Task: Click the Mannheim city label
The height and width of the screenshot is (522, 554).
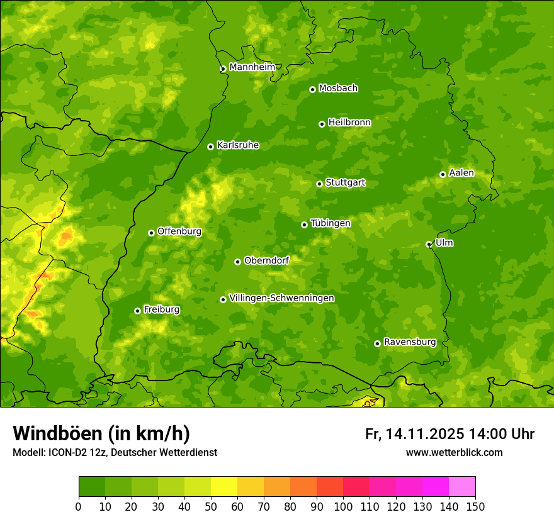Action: click(x=252, y=67)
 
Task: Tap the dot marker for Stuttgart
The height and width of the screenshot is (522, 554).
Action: click(x=319, y=184)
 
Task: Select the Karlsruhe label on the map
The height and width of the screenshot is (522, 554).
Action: click(x=238, y=145)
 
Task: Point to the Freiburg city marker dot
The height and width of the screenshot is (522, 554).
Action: click(x=137, y=311)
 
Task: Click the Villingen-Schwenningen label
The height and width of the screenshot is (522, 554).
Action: click(x=281, y=298)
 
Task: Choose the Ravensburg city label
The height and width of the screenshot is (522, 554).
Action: click(x=410, y=342)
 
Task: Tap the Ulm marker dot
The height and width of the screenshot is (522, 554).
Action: click(x=429, y=244)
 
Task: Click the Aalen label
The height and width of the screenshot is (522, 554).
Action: click(x=461, y=173)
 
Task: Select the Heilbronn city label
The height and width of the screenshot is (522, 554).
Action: click(x=349, y=123)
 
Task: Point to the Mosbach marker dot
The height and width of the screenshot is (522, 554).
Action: click(x=312, y=89)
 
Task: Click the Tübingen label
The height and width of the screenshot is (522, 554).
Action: click(x=331, y=223)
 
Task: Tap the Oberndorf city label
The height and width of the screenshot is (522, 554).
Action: click(x=267, y=260)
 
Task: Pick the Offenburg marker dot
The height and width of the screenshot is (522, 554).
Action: click(x=151, y=233)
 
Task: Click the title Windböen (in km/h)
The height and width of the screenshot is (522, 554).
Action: click(x=101, y=433)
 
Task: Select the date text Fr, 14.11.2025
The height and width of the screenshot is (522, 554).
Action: click(x=414, y=434)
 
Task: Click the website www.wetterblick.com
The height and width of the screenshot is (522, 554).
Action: click(x=454, y=452)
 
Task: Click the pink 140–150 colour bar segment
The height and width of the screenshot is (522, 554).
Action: click(x=462, y=487)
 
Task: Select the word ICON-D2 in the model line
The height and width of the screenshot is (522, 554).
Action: click(x=66, y=452)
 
